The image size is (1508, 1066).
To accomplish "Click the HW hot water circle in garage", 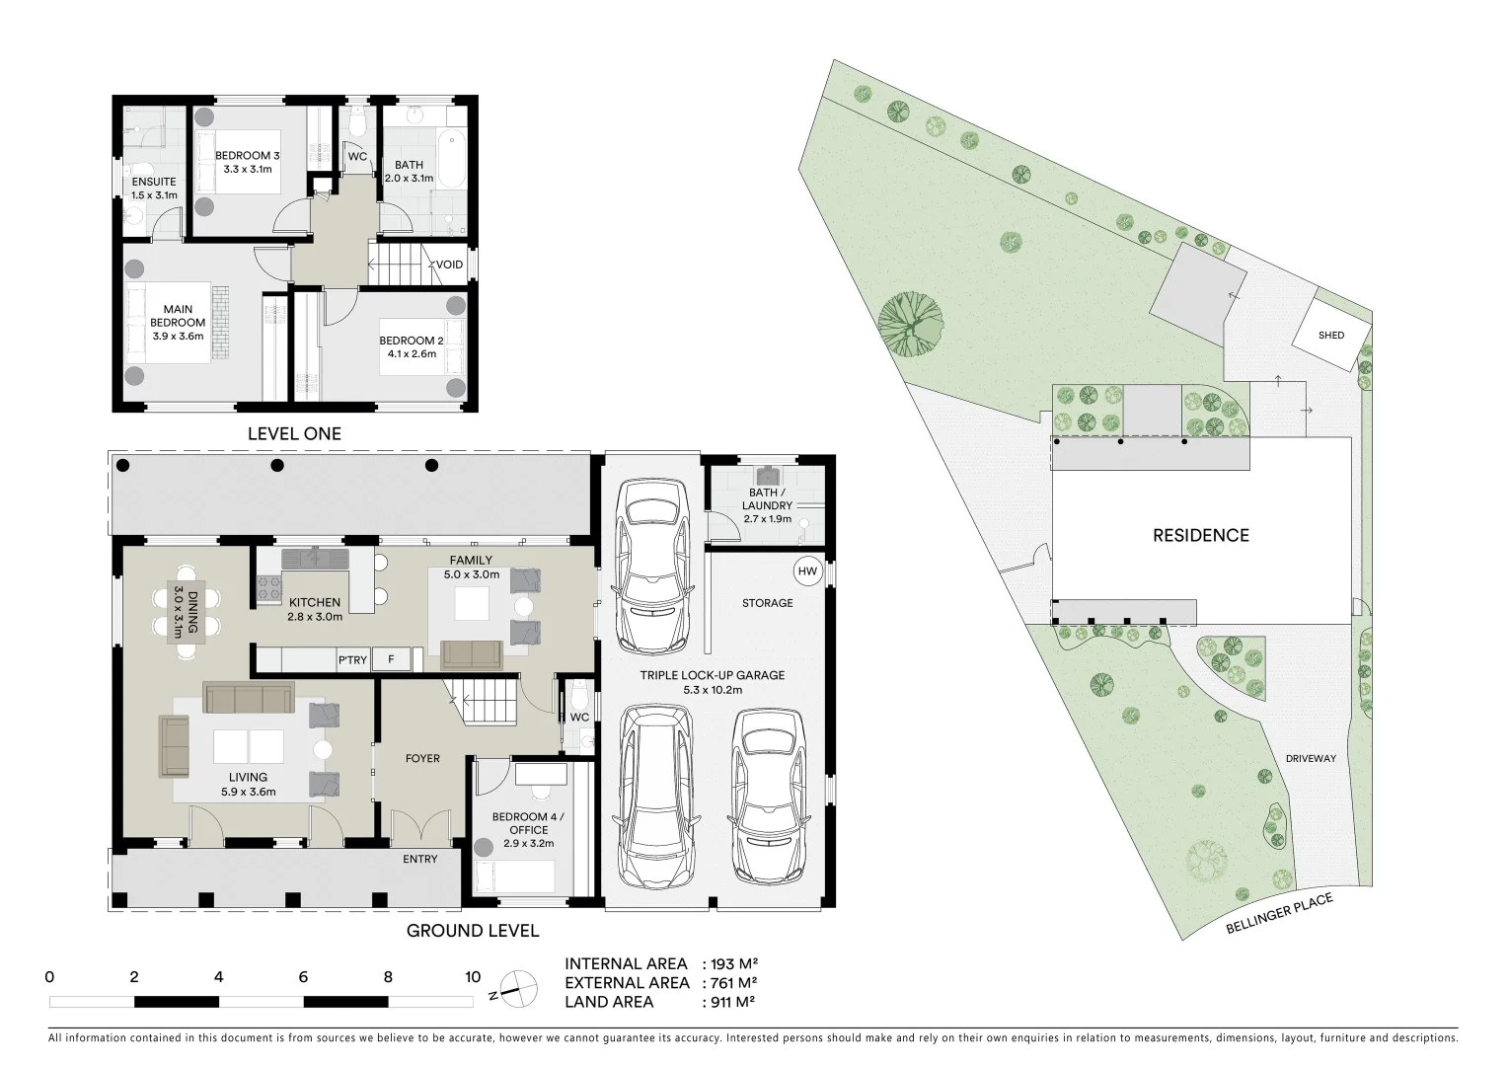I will pos(807,571).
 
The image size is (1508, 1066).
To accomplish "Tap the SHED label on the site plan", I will pos(1331,336).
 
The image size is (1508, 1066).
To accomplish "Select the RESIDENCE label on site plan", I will pos(1201,536).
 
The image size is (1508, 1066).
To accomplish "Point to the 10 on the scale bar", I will pos(473,978).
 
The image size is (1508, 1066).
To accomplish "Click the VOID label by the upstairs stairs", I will pos(450,265).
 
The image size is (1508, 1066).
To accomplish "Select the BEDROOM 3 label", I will pos(248,156).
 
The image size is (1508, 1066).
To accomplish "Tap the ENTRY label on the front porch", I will pos(420,859).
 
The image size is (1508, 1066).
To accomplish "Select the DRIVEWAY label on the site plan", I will pos(1311,758).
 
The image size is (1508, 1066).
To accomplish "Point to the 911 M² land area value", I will pos(731,1002).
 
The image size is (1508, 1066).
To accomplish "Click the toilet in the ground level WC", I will pos(579,691).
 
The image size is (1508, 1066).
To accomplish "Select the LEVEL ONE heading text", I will pos(294,433).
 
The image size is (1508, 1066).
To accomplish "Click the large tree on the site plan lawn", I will pos(909,322).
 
